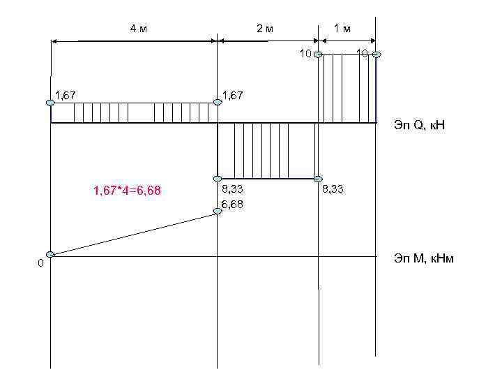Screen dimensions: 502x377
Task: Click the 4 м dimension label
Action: click(139, 29)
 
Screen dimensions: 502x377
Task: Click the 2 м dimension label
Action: click(265, 29)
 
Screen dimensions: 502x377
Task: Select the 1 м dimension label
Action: click(342, 29)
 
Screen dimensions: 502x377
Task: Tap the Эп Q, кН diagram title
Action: click(420, 125)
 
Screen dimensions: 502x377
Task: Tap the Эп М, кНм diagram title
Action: click(424, 258)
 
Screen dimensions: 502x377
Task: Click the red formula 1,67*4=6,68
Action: click(127, 191)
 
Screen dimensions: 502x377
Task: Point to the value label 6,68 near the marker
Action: click(232, 204)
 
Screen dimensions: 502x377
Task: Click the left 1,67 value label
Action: click(66, 95)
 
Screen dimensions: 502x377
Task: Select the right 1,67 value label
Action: click(233, 95)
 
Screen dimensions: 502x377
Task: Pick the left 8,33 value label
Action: click(232, 189)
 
